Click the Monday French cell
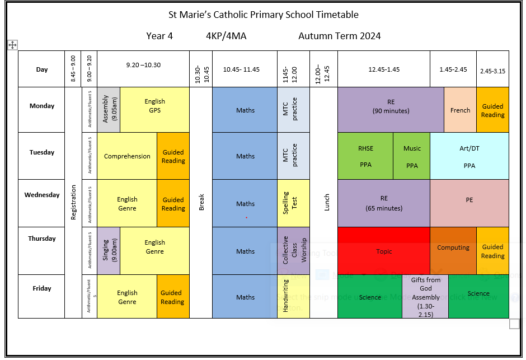[460, 110]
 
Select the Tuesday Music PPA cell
[412, 156]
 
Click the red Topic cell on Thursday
[384, 251]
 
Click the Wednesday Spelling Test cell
[293, 203]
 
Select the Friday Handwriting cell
[293, 296]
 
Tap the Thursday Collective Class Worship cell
[293, 250]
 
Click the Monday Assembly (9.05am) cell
[109, 110]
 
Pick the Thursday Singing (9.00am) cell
[109, 250]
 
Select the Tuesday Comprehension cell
[127, 156]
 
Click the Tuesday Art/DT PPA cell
[469, 156]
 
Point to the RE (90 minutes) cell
[391, 106]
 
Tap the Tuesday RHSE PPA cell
[365, 156]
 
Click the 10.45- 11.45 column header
[245, 69]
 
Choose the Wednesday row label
[41, 195]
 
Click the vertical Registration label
[73, 202]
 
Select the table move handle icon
[12, 45]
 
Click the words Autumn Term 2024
[339, 36]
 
